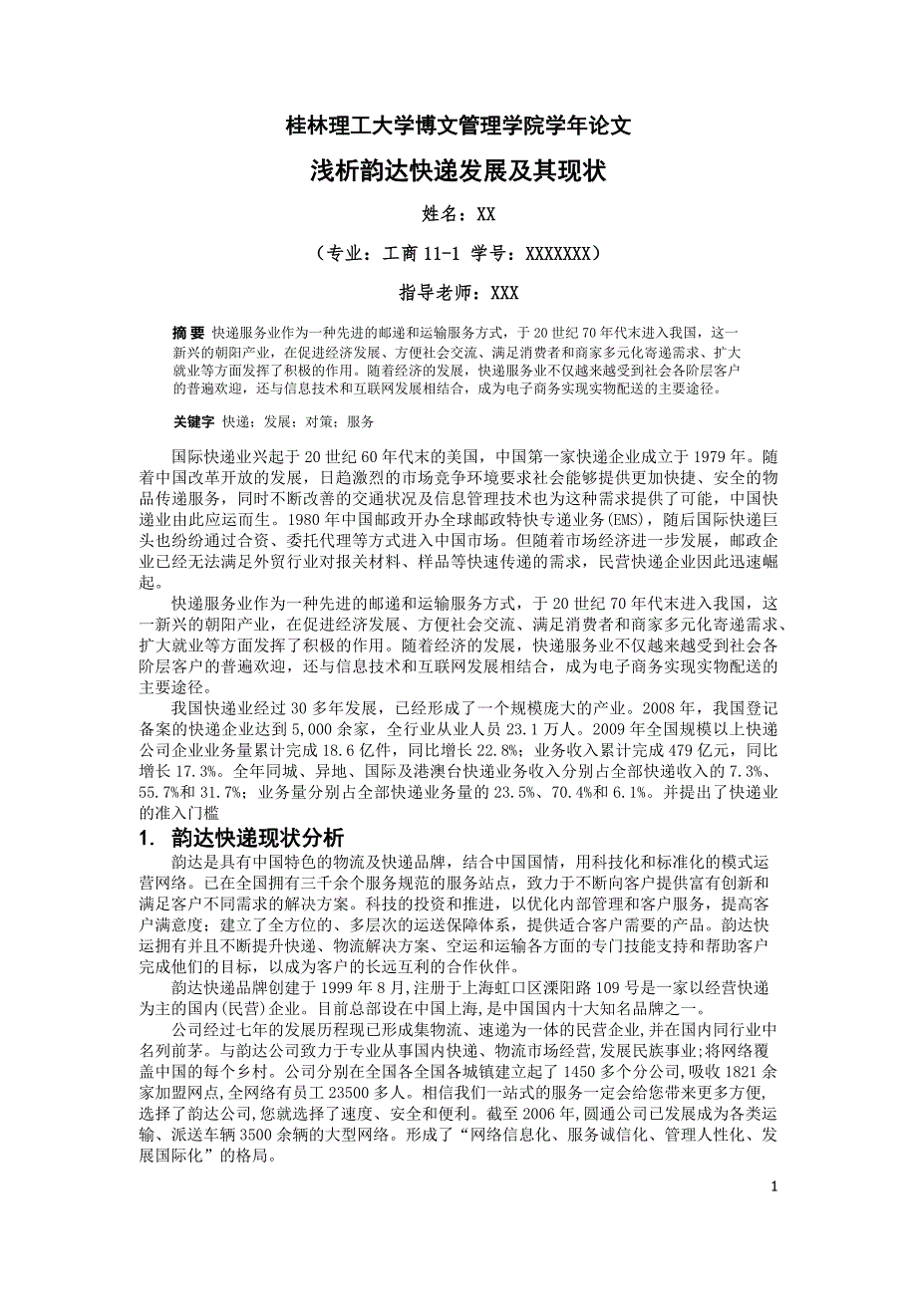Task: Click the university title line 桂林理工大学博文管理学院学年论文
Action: pos(458,127)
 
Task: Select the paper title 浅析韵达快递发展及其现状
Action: pos(458,170)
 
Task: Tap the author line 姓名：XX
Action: pos(458,213)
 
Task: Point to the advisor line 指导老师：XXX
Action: pos(458,292)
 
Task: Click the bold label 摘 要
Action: pos(188,333)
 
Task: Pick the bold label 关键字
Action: pos(193,421)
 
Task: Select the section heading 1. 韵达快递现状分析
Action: pos(242,838)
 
